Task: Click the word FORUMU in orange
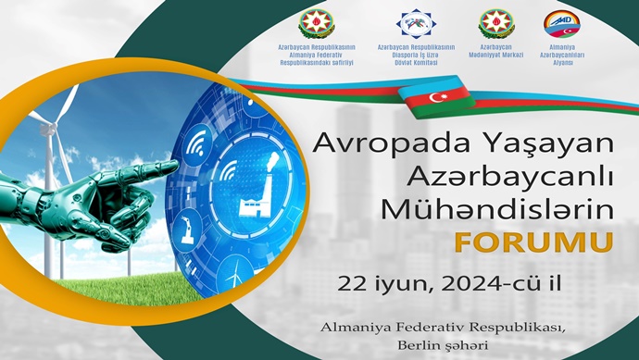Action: tap(532, 242)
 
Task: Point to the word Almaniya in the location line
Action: tap(353, 327)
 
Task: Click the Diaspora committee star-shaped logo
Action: tap(416, 23)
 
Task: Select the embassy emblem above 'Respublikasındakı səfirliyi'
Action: tap(315, 23)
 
